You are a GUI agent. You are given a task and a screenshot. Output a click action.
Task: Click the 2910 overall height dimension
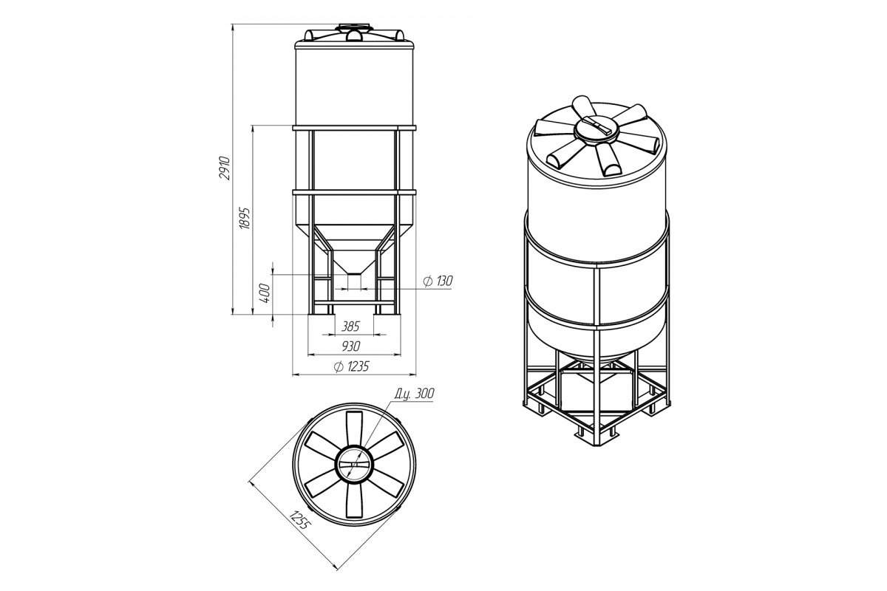point(225,168)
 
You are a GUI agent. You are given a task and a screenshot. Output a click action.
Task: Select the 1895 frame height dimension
point(245,218)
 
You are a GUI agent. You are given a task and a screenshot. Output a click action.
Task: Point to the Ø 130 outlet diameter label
point(438,281)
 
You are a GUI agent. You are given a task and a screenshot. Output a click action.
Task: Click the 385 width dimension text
point(350,327)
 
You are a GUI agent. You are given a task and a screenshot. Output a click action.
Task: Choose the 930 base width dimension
point(351,346)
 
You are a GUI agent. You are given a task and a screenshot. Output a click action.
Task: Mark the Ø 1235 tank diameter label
point(351,367)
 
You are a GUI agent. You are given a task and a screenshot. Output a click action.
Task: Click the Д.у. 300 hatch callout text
point(414,394)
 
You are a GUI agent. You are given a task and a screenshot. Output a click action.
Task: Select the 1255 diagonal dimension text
point(300,520)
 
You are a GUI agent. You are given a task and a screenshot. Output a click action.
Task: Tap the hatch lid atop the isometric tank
point(596,129)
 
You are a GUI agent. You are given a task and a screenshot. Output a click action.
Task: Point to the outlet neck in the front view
point(354,281)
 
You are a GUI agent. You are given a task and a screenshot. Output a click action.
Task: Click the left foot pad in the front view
point(322,319)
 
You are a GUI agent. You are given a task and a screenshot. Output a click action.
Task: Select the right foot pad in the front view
point(387,319)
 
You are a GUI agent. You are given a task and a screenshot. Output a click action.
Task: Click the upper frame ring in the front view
point(354,129)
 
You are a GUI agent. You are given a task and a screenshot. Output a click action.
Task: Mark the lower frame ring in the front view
point(354,192)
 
